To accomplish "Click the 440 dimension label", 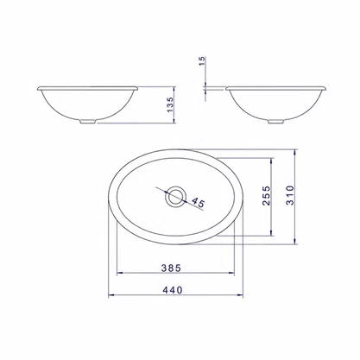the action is tap(173, 290).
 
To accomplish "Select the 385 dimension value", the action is tap(171, 268).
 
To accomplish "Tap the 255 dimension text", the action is tap(267, 196).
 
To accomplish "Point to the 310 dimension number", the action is tap(290, 195).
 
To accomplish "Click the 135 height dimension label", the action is tap(170, 104).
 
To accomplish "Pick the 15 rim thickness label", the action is tap(202, 61).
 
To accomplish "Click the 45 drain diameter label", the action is tap(198, 202).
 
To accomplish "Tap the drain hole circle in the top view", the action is tap(175, 196).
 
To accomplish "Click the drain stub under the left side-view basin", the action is tap(87, 122).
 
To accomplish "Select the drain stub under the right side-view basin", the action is tap(275, 122).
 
